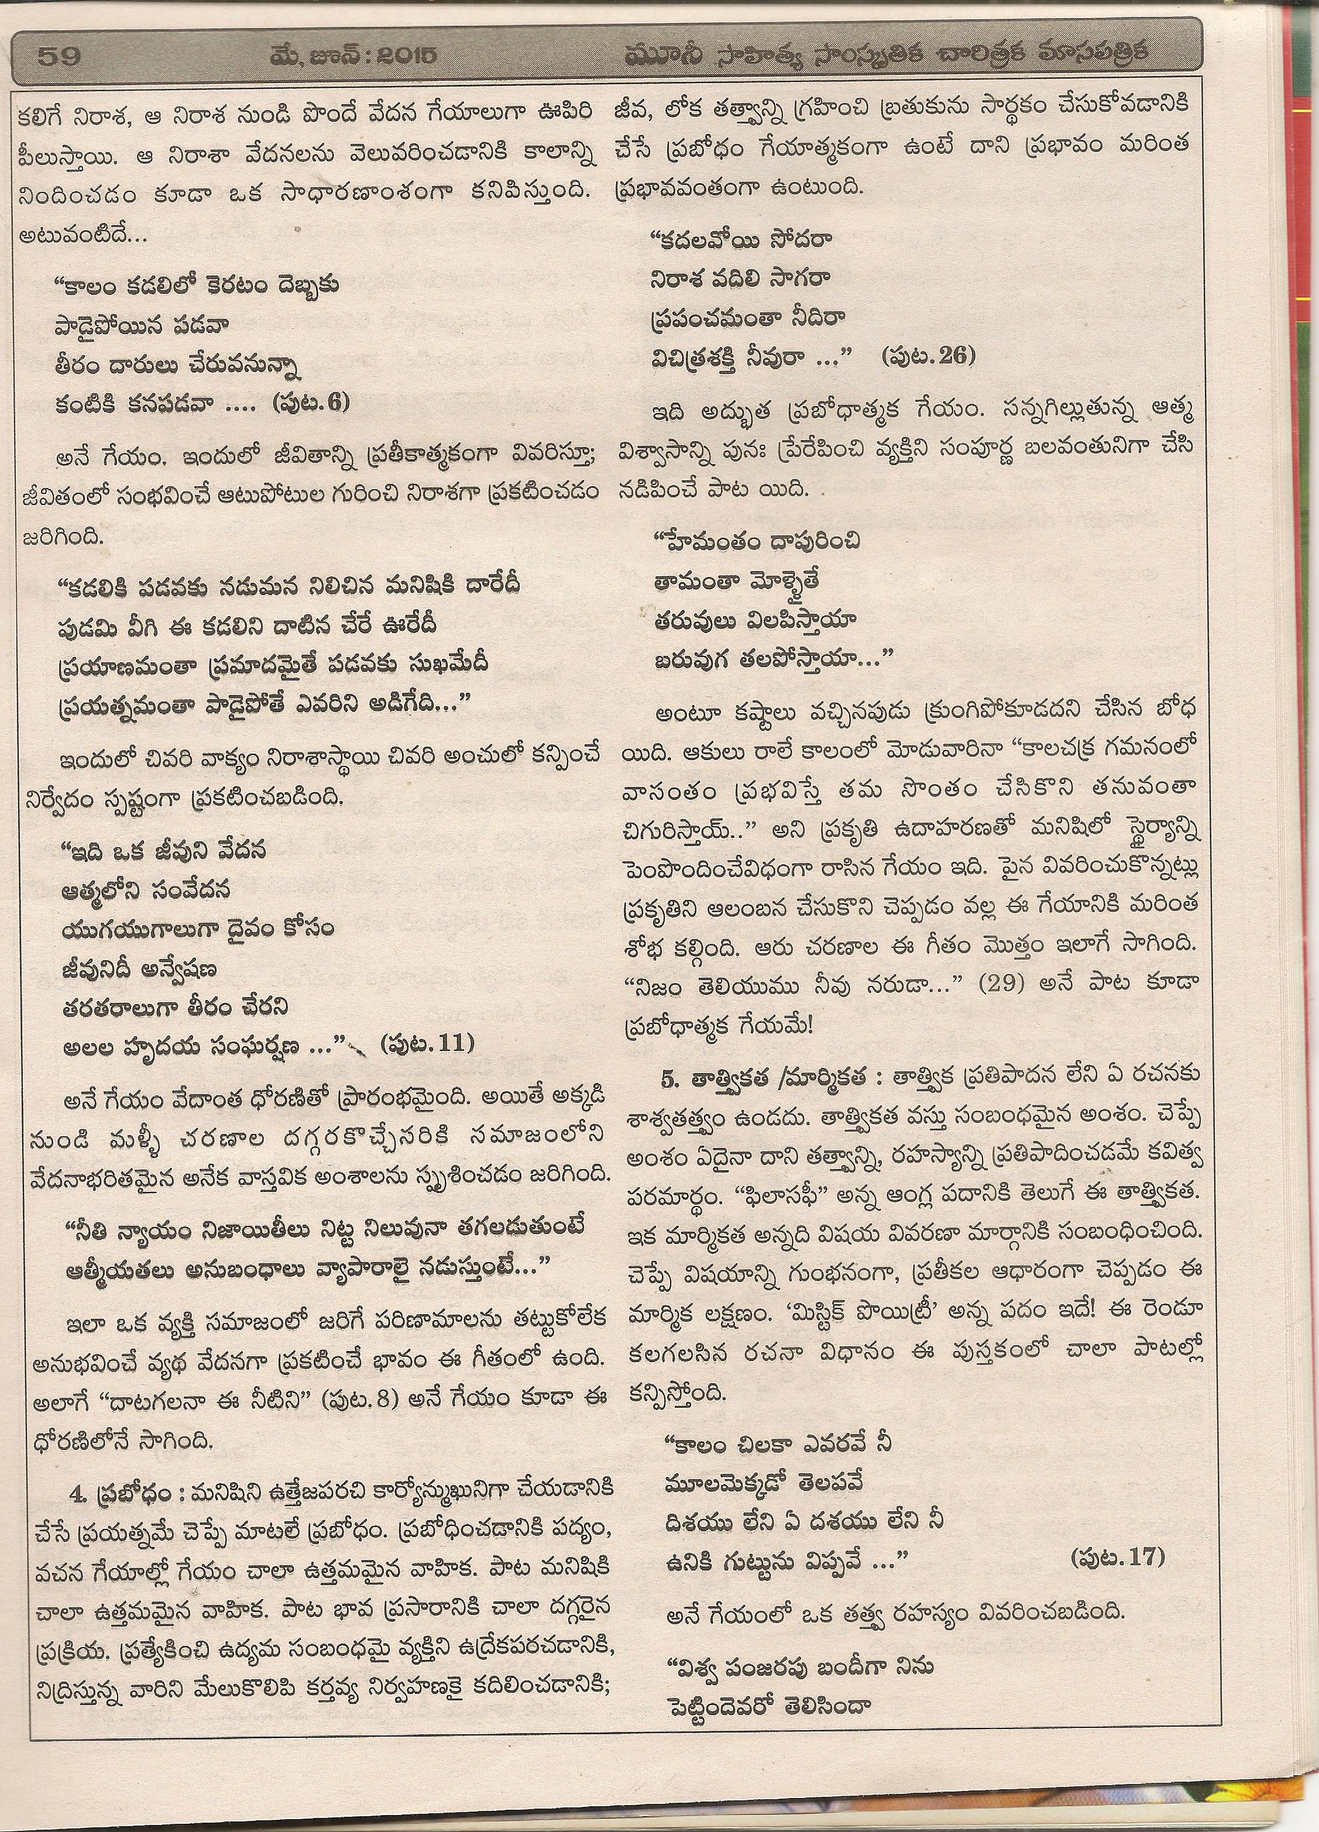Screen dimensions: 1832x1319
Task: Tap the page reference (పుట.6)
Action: [x=311, y=401]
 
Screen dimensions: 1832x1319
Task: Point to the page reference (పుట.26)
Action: [x=929, y=355]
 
